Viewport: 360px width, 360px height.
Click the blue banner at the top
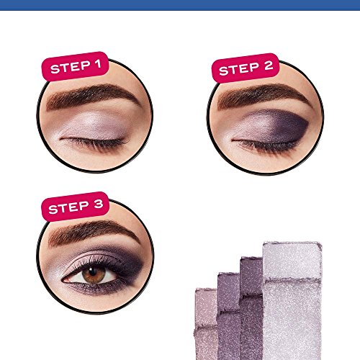point(180,4)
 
